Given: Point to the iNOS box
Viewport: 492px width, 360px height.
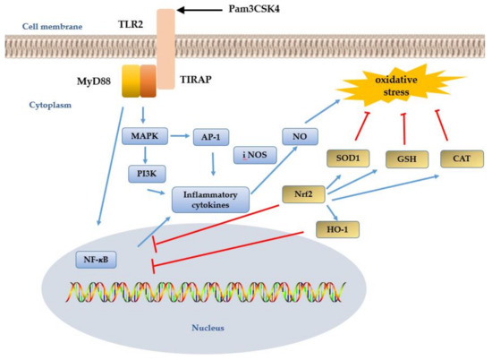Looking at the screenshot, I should (x=253, y=155).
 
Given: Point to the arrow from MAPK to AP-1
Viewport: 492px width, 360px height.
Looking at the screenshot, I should (x=174, y=136).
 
